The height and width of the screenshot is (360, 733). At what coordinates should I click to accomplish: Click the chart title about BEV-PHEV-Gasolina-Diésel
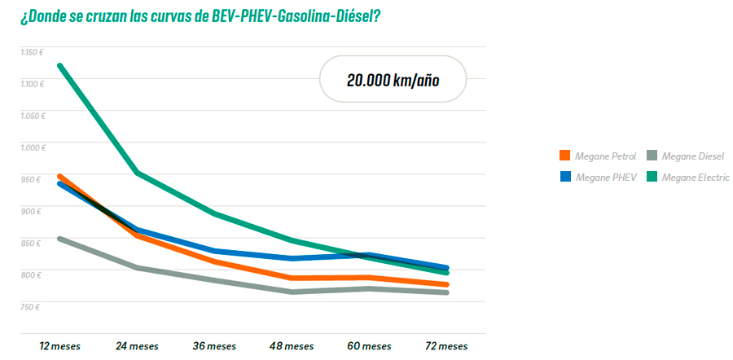tap(200, 17)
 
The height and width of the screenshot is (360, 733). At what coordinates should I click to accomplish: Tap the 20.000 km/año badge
tap(393, 79)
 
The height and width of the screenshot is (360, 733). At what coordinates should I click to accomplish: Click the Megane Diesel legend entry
tap(688, 156)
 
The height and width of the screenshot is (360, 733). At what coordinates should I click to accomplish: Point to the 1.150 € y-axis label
tap(32, 52)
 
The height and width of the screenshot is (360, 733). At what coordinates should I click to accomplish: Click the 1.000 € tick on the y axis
tap(32, 147)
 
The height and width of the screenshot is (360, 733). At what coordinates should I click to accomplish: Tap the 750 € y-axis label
tap(31, 306)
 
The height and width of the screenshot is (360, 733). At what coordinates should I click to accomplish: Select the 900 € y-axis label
tap(31, 211)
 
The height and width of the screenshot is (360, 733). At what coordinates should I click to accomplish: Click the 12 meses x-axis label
tap(60, 346)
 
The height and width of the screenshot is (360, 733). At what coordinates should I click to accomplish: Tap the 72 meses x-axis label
tap(446, 346)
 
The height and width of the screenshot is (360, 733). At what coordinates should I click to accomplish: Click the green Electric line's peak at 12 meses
tap(60, 65)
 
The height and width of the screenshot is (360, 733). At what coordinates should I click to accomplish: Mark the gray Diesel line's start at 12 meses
tap(60, 239)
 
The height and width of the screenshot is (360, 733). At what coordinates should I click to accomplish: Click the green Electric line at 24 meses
tap(138, 173)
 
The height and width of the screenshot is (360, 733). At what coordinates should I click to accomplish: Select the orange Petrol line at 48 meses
tap(292, 278)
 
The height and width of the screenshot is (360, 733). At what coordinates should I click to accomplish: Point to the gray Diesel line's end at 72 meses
tap(446, 292)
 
